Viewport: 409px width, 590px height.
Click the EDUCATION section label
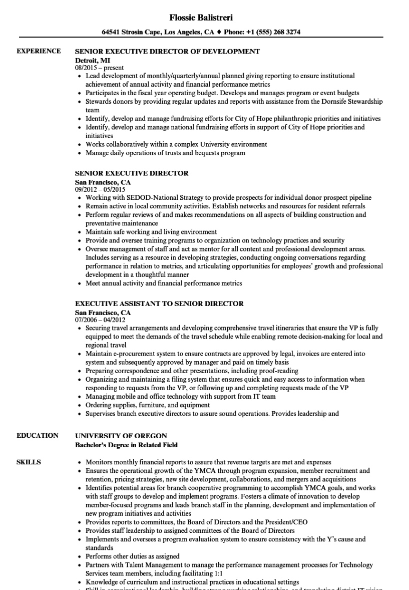(38, 435)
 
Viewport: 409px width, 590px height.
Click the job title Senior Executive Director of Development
(167, 51)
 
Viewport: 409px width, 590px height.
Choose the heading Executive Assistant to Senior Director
(159, 304)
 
